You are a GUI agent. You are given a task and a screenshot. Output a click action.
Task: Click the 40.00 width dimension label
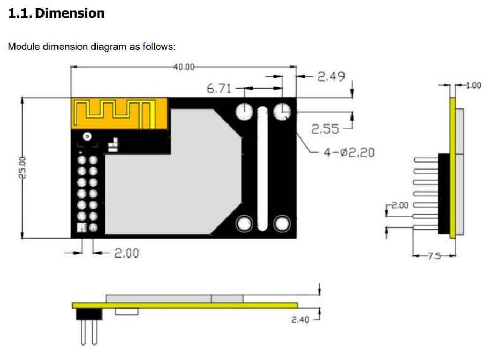[x=184, y=67]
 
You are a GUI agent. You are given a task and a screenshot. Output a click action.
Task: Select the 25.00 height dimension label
[x=23, y=167]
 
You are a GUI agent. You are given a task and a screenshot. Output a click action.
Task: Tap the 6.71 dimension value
[x=219, y=89]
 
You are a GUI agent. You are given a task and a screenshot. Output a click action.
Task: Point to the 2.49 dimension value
[x=331, y=77]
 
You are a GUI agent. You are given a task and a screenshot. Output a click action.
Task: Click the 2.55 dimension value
[x=325, y=129]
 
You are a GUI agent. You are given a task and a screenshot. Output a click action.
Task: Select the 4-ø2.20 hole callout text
[x=349, y=152]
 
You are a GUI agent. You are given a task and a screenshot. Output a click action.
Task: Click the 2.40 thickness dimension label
[x=300, y=320]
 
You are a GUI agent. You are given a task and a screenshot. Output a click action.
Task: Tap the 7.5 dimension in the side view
[x=433, y=256]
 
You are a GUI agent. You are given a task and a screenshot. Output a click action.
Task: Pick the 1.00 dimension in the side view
[x=474, y=85]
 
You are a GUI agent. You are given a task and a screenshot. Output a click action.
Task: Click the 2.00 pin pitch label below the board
[x=127, y=253]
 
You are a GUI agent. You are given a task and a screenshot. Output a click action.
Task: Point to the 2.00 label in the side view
[x=400, y=205]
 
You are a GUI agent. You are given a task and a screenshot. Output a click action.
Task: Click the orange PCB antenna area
[x=119, y=113]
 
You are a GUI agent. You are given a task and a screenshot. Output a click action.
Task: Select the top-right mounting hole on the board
[x=282, y=112]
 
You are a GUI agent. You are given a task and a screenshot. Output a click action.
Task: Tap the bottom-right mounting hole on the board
[x=282, y=224]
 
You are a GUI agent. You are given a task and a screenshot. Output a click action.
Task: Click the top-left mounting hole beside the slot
[x=244, y=112]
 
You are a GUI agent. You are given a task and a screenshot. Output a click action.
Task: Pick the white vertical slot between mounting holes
[x=262, y=167]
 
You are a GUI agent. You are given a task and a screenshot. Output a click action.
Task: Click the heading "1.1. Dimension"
[x=56, y=13]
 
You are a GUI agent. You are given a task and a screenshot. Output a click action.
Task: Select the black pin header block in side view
[x=444, y=193]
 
